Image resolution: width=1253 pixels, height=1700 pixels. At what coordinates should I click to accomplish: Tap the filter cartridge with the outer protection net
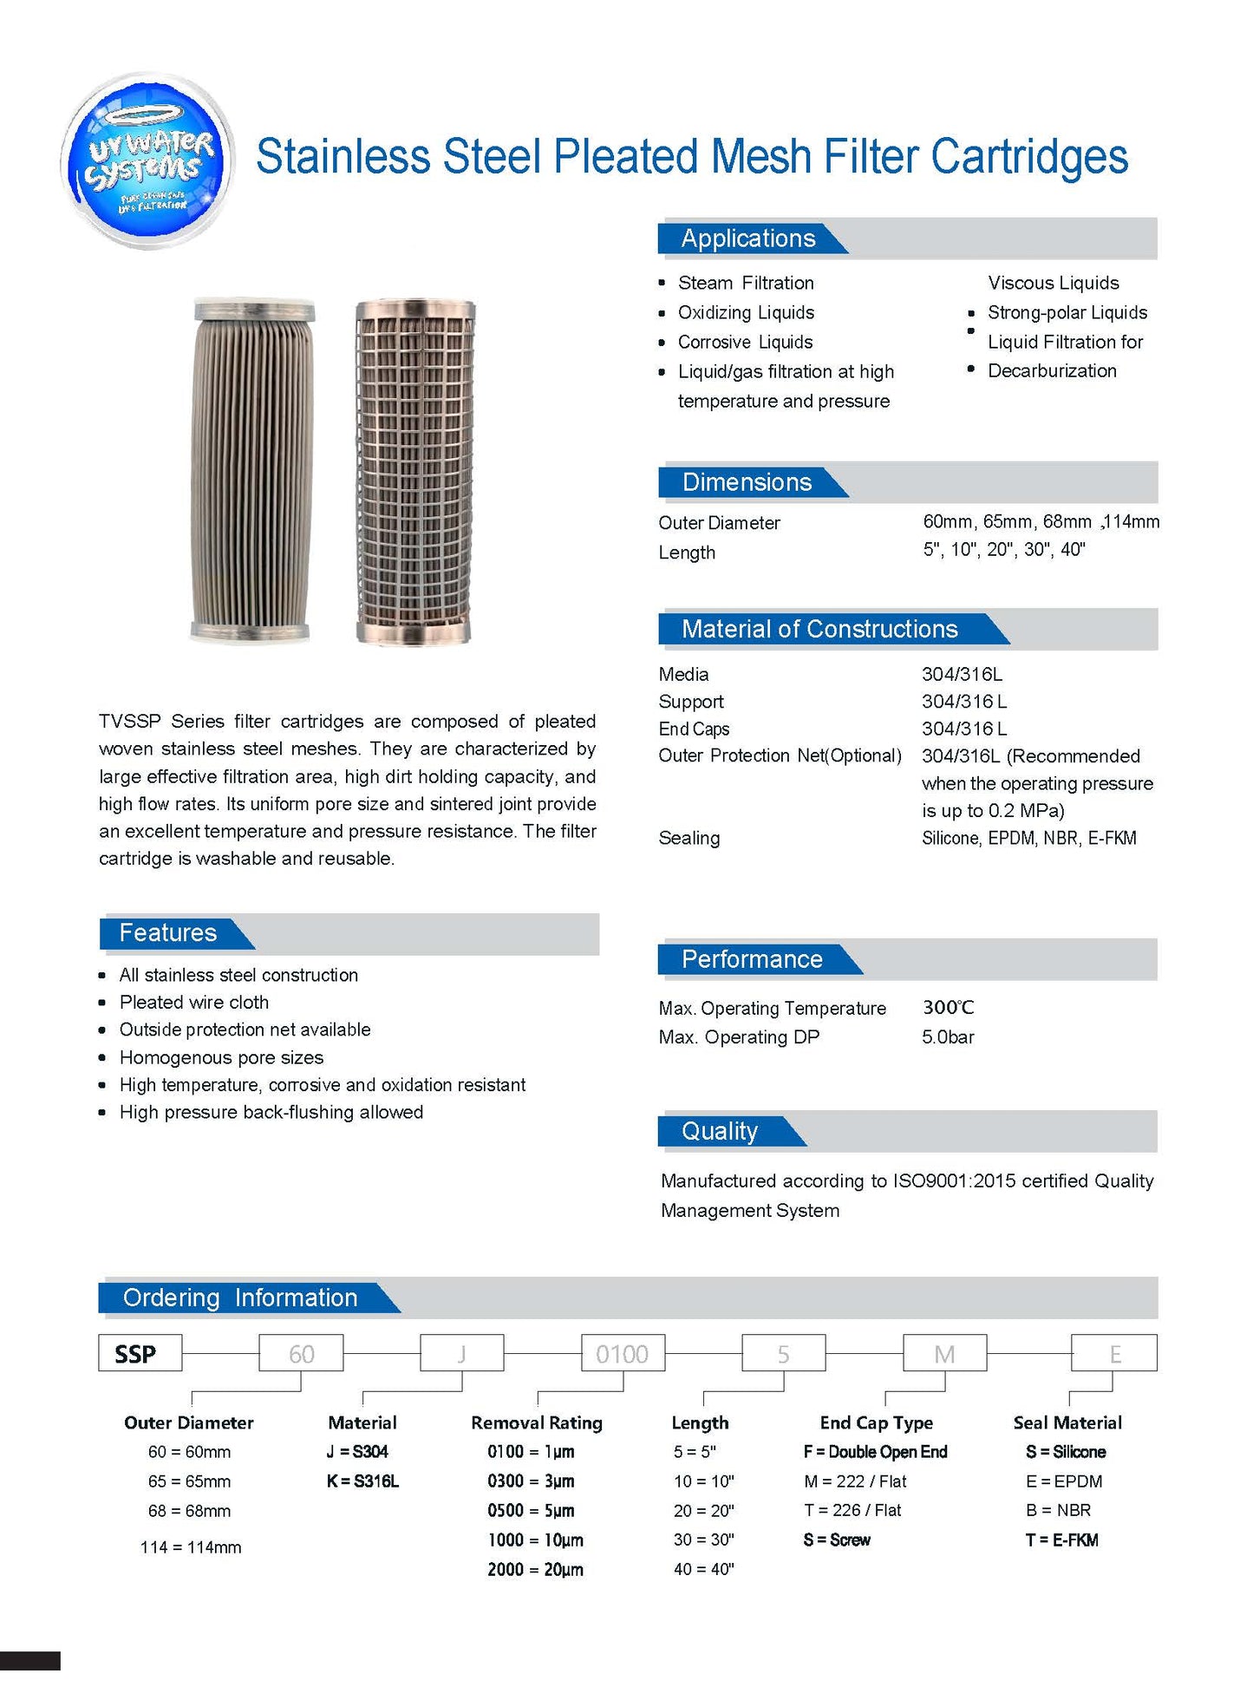click(414, 471)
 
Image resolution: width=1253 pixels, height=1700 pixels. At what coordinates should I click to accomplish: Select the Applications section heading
click(747, 239)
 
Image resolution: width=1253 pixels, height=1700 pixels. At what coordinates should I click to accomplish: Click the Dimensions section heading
click(747, 482)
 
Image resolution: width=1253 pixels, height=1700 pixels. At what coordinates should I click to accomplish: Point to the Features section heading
click(168, 933)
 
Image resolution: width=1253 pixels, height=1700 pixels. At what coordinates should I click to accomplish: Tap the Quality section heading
click(720, 1131)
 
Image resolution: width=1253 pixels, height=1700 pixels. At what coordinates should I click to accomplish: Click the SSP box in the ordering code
click(140, 1354)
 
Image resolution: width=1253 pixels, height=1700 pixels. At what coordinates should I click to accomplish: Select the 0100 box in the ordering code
click(623, 1354)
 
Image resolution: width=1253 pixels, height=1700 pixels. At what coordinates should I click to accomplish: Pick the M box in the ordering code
click(945, 1354)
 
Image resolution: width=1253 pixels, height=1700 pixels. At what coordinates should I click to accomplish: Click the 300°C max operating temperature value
click(948, 1008)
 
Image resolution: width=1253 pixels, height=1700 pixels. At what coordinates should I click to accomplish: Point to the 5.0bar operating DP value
click(948, 1037)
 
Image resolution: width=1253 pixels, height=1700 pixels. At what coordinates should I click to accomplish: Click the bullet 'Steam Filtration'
click(746, 283)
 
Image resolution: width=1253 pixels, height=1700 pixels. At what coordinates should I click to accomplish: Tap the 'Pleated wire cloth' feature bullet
click(194, 1003)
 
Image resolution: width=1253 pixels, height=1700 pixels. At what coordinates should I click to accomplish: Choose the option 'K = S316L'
click(362, 1481)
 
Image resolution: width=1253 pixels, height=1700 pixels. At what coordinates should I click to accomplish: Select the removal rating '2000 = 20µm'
click(535, 1570)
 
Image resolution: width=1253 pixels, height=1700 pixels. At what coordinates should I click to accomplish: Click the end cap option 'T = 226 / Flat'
click(852, 1511)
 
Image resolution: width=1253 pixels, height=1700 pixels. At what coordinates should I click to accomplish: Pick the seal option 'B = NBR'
click(1058, 1511)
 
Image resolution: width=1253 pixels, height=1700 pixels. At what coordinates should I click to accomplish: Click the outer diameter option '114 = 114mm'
click(191, 1547)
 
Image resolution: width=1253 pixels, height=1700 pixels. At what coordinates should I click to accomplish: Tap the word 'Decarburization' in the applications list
click(1052, 371)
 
